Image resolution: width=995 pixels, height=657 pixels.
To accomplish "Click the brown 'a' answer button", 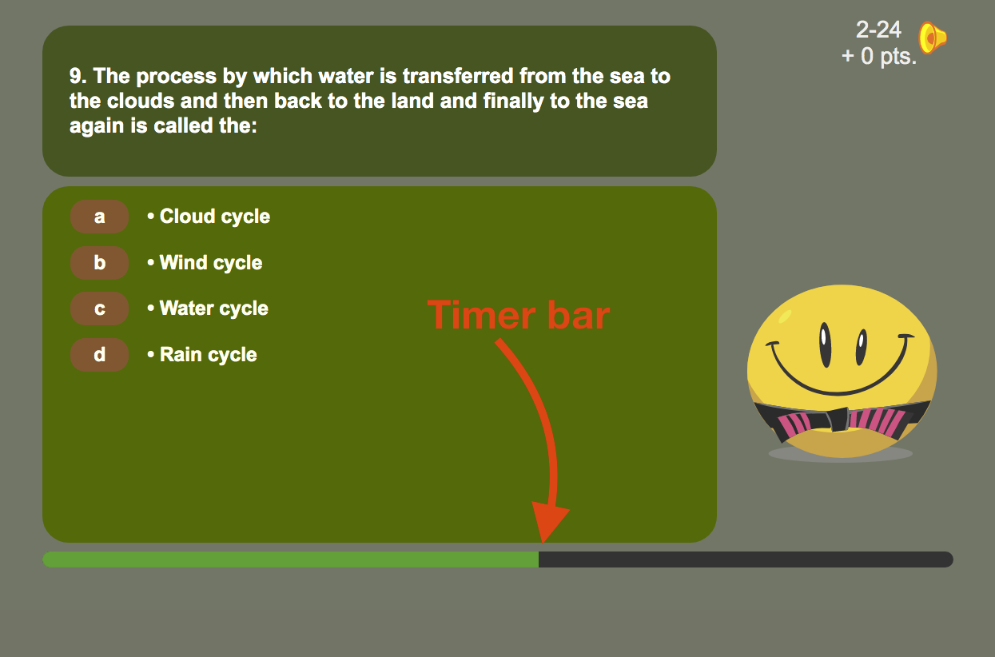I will click(x=99, y=217).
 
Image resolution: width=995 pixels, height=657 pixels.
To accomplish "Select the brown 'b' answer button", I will click(x=99, y=263).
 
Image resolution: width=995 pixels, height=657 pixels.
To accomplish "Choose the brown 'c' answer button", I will click(x=99, y=309).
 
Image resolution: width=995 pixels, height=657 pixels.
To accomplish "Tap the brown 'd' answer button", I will click(x=99, y=355).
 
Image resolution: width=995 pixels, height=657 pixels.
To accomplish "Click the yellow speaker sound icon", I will click(x=932, y=38).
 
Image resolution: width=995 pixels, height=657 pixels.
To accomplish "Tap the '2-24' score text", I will click(x=878, y=30).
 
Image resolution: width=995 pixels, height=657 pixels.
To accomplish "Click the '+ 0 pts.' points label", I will click(x=878, y=57).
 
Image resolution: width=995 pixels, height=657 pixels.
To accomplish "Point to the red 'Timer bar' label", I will click(x=519, y=315).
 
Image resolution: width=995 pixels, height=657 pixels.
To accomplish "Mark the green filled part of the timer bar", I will click(x=290, y=559).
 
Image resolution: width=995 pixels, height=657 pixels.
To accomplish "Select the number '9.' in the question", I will click(x=78, y=77).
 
